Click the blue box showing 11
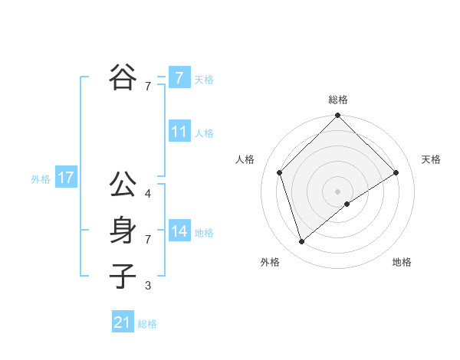click(x=179, y=132)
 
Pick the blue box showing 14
click(x=179, y=231)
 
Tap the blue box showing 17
click(x=65, y=178)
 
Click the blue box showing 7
click(x=179, y=77)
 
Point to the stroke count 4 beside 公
click(x=148, y=194)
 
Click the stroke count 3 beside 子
click(x=148, y=286)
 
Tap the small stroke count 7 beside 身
click(x=148, y=240)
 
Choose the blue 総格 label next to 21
click(x=147, y=324)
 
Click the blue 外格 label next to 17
click(x=41, y=179)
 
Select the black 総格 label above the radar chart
click(x=337, y=100)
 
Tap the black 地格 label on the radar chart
click(x=402, y=262)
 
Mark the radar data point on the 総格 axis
click(x=337, y=116)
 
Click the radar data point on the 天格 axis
click(x=396, y=172)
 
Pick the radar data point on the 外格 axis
click(x=301, y=242)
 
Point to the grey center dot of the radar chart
click(x=337, y=191)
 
